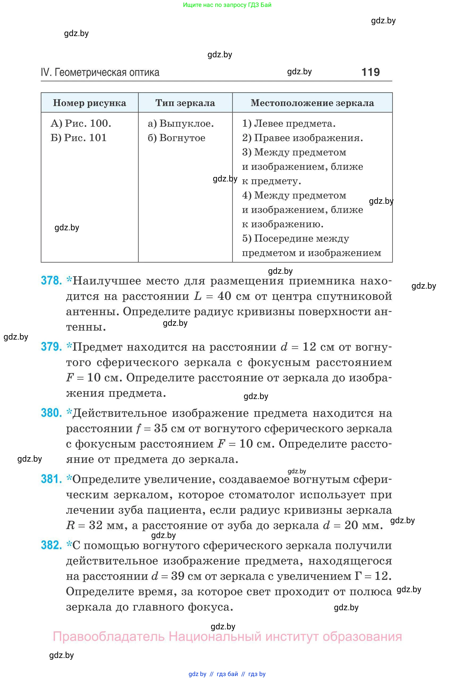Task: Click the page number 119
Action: pyautogui.click(x=371, y=72)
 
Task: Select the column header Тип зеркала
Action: pyautogui.click(x=185, y=103)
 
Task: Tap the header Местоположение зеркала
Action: pyautogui.click(x=312, y=103)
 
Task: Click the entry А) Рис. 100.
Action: pyautogui.click(x=81, y=123)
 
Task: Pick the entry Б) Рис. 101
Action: pyautogui.click(x=78, y=138)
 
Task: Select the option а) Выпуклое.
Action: pyautogui.click(x=181, y=123)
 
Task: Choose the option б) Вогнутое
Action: pyautogui.click(x=176, y=138)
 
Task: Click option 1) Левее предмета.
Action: pyautogui.click(x=289, y=123)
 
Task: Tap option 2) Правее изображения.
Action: pyautogui.click(x=302, y=138)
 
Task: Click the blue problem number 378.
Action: pyautogui.click(x=51, y=281)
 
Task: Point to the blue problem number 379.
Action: pyautogui.click(x=51, y=347)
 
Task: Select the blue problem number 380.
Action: pyautogui.click(x=51, y=413)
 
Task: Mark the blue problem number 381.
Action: pyautogui.click(x=51, y=479)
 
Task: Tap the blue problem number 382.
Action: pyautogui.click(x=51, y=545)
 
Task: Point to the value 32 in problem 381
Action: pyautogui.click(x=95, y=525)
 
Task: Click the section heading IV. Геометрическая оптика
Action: pyautogui.click(x=100, y=72)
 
